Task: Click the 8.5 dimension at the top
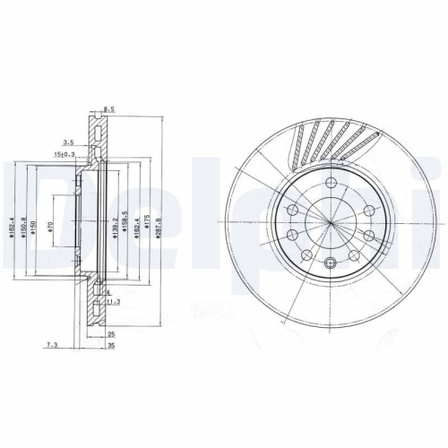tap(109, 109)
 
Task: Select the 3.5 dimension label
tap(68, 142)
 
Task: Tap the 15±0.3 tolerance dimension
tap(65, 155)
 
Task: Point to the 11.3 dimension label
tap(112, 303)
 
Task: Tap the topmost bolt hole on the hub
tap(332, 185)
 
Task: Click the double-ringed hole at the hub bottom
tap(332, 263)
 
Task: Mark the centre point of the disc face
tap(332, 223)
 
